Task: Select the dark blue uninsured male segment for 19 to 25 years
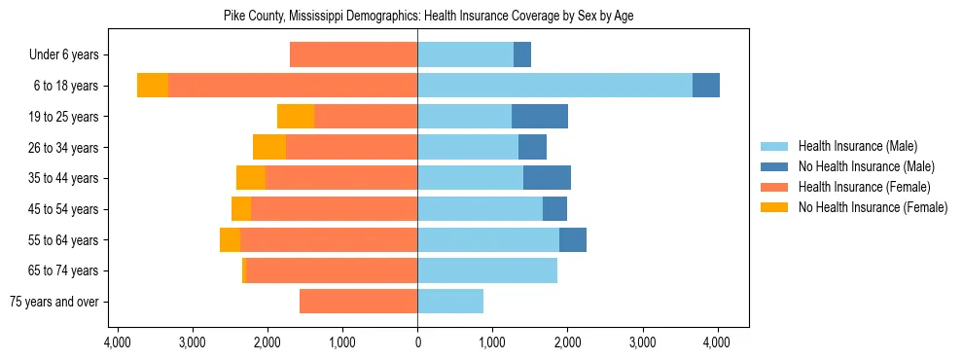(x=540, y=117)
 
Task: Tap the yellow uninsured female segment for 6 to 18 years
(x=153, y=86)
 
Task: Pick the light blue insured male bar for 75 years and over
(x=450, y=302)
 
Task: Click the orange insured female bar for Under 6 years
(x=353, y=55)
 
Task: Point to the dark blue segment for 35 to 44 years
(x=547, y=178)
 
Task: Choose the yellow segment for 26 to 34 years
(x=269, y=148)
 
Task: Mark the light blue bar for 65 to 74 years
(x=487, y=270)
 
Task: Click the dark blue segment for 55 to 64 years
(x=573, y=240)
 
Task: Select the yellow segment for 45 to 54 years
(x=241, y=209)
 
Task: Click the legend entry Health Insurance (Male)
(x=857, y=147)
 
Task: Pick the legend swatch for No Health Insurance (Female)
(x=773, y=207)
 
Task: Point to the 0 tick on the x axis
(x=417, y=343)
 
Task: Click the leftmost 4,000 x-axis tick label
(x=117, y=343)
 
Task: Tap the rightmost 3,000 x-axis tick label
(x=643, y=343)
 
